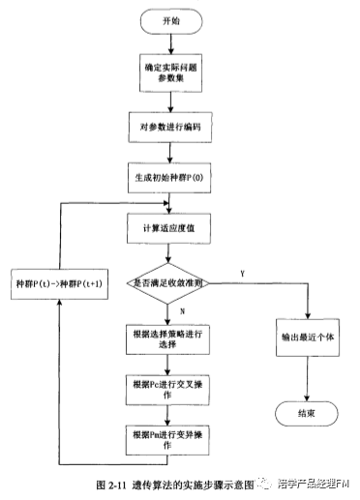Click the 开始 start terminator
point(169,19)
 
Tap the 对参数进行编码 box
point(169,126)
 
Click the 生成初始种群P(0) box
point(169,178)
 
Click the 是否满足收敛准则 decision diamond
point(169,282)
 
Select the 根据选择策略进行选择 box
point(169,339)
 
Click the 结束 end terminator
point(308,413)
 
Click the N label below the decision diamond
point(181,311)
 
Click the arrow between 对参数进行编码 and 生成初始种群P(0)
point(169,152)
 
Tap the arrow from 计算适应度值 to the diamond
point(169,252)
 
